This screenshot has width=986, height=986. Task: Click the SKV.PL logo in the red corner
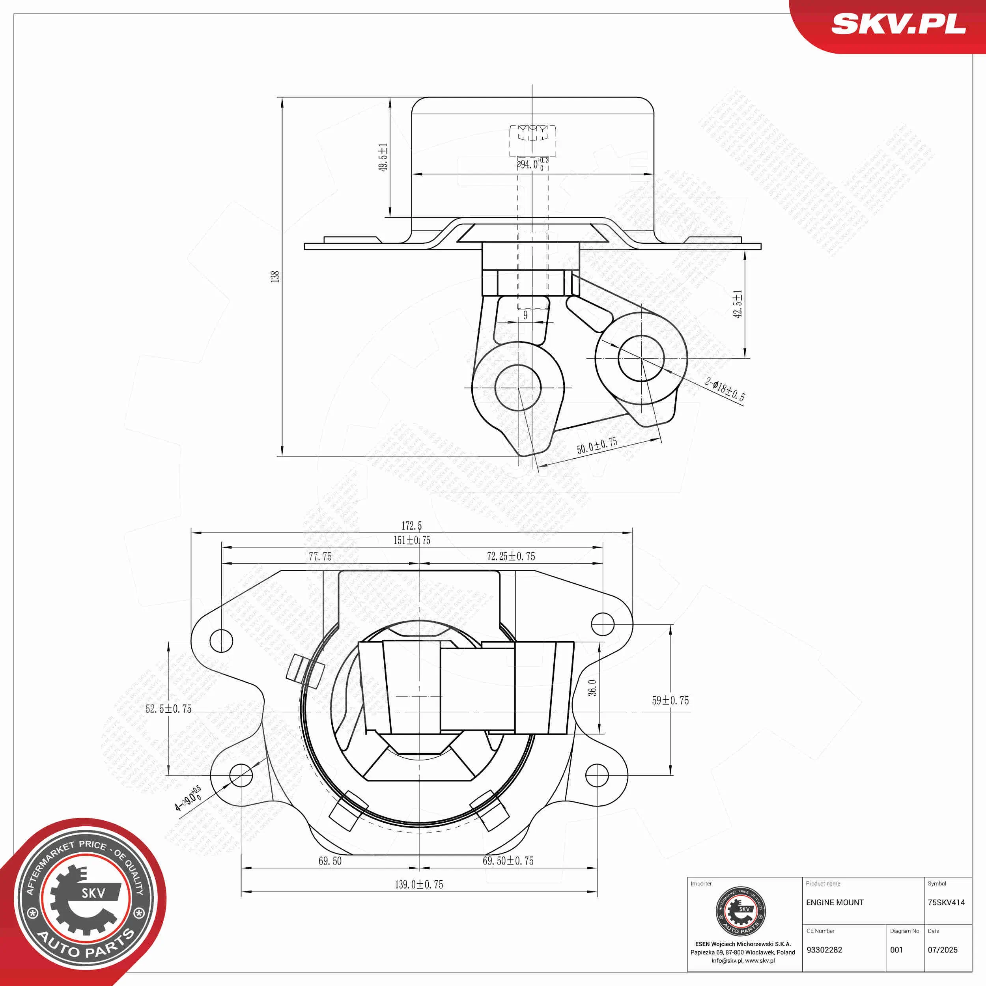pos(898,24)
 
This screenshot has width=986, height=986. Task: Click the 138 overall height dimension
pos(275,276)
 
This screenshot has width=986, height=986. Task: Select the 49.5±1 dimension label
pos(383,157)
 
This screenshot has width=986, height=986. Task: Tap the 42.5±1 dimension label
pos(738,304)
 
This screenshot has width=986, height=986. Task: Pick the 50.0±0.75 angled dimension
pos(597,446)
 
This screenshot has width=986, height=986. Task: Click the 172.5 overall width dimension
pos(411,526)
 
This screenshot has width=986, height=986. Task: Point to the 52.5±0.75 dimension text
pos(168,709)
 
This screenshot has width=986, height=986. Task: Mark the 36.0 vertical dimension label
pos(592,687)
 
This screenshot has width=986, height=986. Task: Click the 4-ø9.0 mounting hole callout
pos(188,798)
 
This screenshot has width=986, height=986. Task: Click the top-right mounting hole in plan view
pos(602,624)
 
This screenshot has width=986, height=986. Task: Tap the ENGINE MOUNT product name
pos(835,902)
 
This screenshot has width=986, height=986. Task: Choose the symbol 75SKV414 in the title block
pos(946,902)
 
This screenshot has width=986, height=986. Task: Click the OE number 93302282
pos(824,950)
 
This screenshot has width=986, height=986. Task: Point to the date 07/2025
pos(943,950)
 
